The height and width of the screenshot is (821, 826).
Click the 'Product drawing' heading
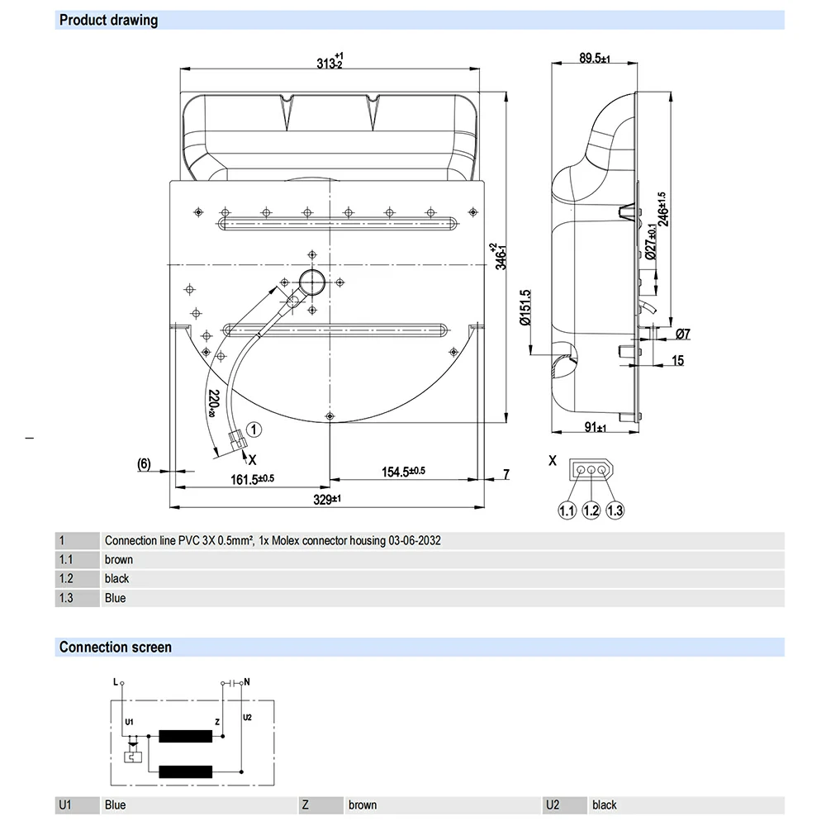108,20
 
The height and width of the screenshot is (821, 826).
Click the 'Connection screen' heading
115,648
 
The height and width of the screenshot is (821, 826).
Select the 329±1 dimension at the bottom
327,500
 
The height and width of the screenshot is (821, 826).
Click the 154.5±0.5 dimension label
402,472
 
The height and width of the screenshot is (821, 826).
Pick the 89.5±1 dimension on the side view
593,59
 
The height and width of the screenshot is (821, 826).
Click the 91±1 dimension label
594,427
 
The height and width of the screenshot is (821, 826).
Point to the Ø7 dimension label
682,335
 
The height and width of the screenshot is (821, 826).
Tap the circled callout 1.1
566,510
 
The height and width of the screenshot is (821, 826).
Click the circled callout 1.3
615,510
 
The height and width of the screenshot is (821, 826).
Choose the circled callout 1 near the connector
254,429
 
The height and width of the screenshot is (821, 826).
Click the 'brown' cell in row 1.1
119,560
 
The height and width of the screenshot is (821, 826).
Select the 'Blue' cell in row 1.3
116,598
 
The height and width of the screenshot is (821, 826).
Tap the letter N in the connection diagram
248,682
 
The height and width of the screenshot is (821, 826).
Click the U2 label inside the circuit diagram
247,717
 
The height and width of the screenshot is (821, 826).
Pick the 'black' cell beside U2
605,804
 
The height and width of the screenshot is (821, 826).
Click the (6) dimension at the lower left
143,464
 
